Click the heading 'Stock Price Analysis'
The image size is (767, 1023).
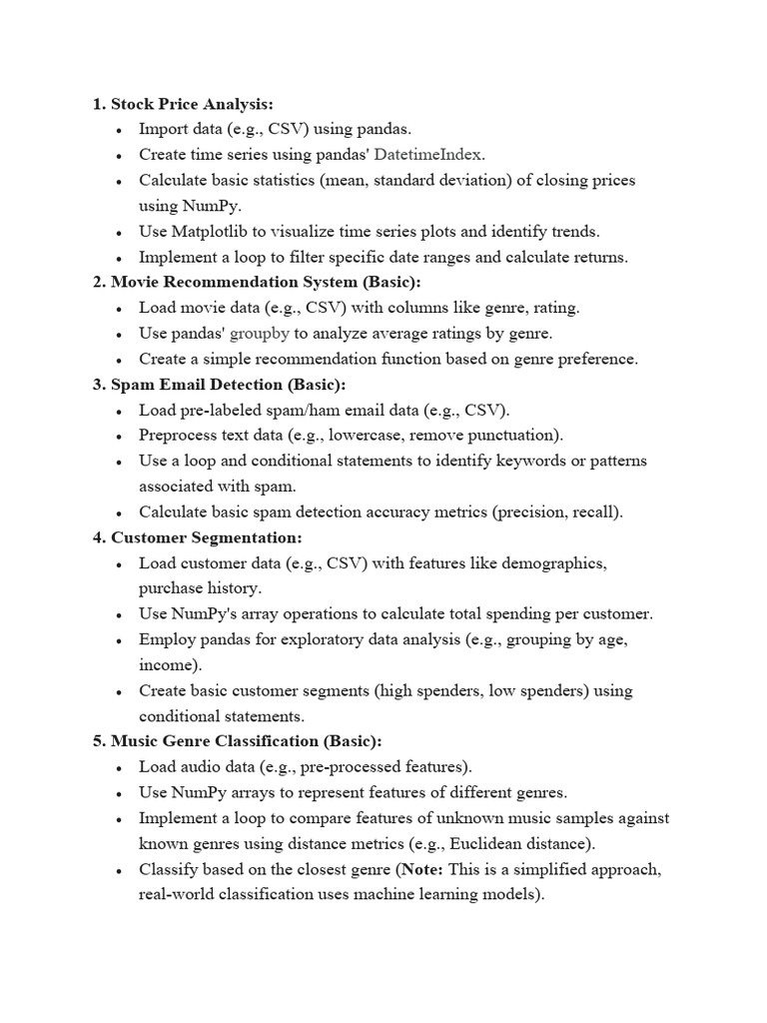tap(191, 103)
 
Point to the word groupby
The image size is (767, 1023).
tap(258, 334)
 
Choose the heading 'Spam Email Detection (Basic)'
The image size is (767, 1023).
tap(227, 385)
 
